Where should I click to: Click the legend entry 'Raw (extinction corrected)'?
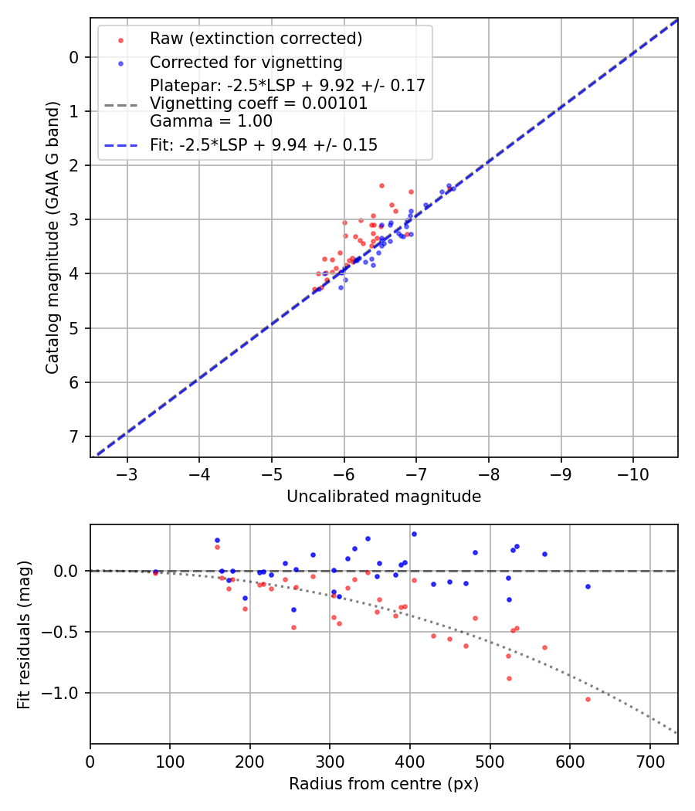(256, 39)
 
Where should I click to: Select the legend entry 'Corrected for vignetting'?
(246, 62)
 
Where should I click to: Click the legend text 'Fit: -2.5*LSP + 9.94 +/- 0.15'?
(263, 144)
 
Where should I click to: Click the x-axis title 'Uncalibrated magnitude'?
(384, 497)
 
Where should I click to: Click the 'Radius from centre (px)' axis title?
(384, 784)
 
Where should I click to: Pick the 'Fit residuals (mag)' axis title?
(25, 633)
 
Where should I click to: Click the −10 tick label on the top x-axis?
(633, 473)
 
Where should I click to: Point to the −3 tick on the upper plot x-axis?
(127, 473)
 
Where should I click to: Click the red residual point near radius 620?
(588, 699)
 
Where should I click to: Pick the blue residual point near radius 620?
(588, 586)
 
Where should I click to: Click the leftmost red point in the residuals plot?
(155, 573)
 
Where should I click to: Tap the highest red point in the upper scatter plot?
(381, 185)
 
